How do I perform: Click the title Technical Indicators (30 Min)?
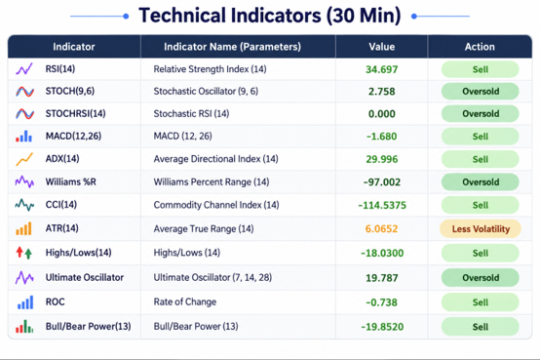tap(270, 16)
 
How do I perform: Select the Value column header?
tap(381, 47)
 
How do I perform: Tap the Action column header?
tap(480, 47)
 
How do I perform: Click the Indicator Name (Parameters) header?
tap(232, 47)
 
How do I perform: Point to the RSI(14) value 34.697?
tap(381, 69)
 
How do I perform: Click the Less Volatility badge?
tap(481, 228)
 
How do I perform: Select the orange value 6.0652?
tap(381, 228)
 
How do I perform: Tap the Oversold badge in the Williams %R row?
tap(481, 181)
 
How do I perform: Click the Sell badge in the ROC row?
tap(481, 302)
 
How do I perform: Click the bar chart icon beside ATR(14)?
tap(23, 228)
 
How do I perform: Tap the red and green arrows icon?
tap(23, 253)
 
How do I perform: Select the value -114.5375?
tap(382, 205)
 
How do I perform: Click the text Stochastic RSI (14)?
tap(191, 113)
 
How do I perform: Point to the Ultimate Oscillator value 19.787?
tap(381, 278)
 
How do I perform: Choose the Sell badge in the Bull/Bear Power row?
tap(481, 327)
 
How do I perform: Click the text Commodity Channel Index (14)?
tap(216, 205)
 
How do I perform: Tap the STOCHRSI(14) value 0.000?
tap(381, 114)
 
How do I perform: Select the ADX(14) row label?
tap(62, 159)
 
